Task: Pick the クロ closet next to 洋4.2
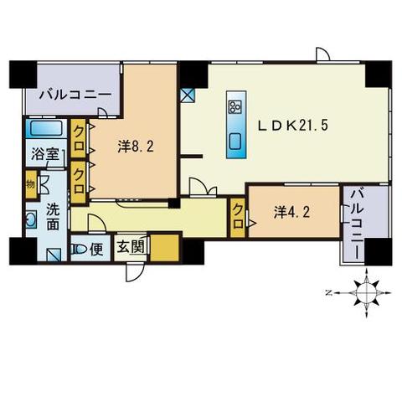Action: pos(238,216)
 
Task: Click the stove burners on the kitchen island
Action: pos(234,108)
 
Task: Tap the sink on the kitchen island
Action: pos(234,141)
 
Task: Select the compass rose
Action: pos(365,293)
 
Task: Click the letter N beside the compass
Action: pos(329,293)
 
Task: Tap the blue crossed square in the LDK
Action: pos(186,95)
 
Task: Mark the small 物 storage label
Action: pos(30,183)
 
